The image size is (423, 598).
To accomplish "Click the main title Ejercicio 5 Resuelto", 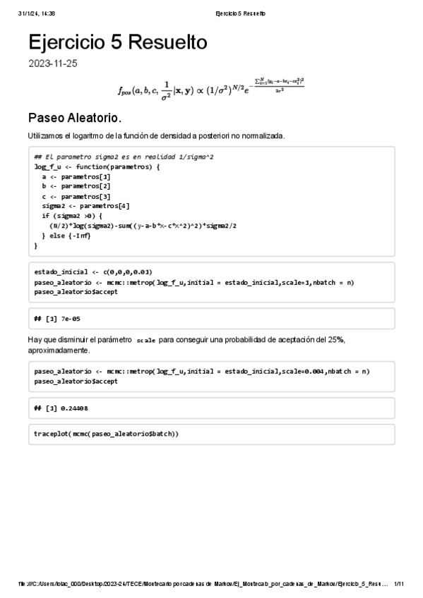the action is click(x=118, y=43).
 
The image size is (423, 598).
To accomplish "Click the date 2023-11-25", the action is click(x=53, y=63).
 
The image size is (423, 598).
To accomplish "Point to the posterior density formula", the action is click(x=211, y=88).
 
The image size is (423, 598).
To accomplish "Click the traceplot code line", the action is click(x=106, y=434).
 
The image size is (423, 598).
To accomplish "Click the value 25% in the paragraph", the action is click(x=336, y=340).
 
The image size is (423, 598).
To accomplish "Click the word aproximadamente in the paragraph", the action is click(x=59, y=350).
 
